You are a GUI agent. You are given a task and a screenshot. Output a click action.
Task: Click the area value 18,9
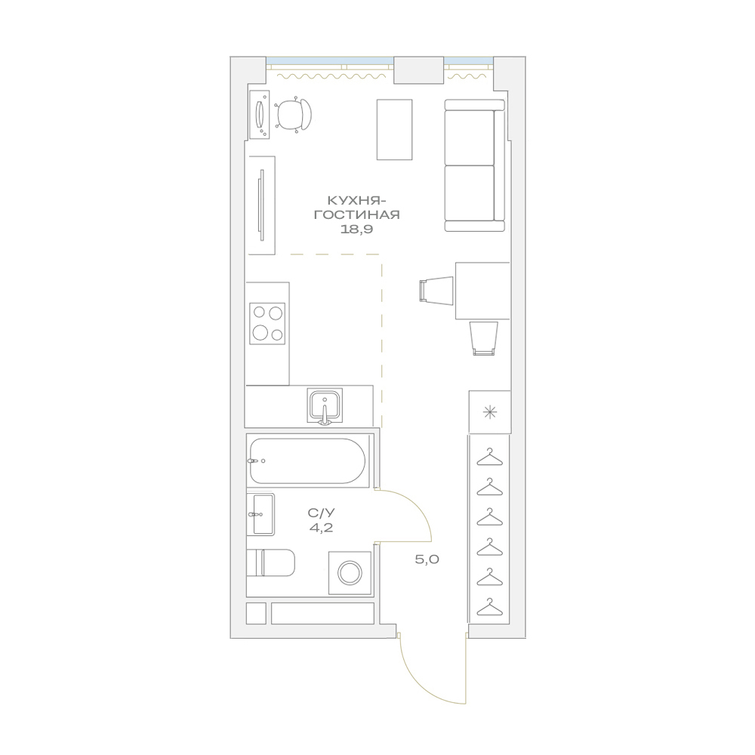pyautogui.click(x=357, y=230)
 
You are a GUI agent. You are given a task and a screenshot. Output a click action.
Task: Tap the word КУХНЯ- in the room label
pyautogui.click(x=357, y=200)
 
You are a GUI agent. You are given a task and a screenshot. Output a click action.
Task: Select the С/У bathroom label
pyautogui.click(x=321, y=513)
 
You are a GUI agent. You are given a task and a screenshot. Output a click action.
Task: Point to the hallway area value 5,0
pyautogui.click(x=427, y=559)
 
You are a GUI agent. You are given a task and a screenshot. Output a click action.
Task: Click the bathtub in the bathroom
pyautogui.click(x=308, y=461)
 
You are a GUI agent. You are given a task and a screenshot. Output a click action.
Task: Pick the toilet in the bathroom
pyautogui.click(x=270, y=562)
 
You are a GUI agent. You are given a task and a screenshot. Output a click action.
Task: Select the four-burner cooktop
pyautogui.click(x=267, y=324)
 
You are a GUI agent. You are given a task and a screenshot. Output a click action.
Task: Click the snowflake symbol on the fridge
pyautogui.click(x=490, y=412)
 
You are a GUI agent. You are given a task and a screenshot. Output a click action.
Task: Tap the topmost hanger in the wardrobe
pyautogui.click(x=490, y=457)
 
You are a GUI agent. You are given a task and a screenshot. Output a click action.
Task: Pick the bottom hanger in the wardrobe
pyautogui.click(x=490, y=607)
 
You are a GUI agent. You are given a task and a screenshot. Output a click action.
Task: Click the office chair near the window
pyautogui.click(x=294, y=115)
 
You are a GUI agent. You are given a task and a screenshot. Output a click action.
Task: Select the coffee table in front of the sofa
pyautogui.click(x=394, y=130)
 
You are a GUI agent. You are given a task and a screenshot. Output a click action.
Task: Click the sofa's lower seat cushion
pyautogui.click(x=470, y=193)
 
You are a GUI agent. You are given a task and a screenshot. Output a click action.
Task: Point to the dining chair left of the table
pyautogui.click(x=436, y=291)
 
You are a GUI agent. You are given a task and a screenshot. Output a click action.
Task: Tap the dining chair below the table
pyautogui.click(x=483, y=338)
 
